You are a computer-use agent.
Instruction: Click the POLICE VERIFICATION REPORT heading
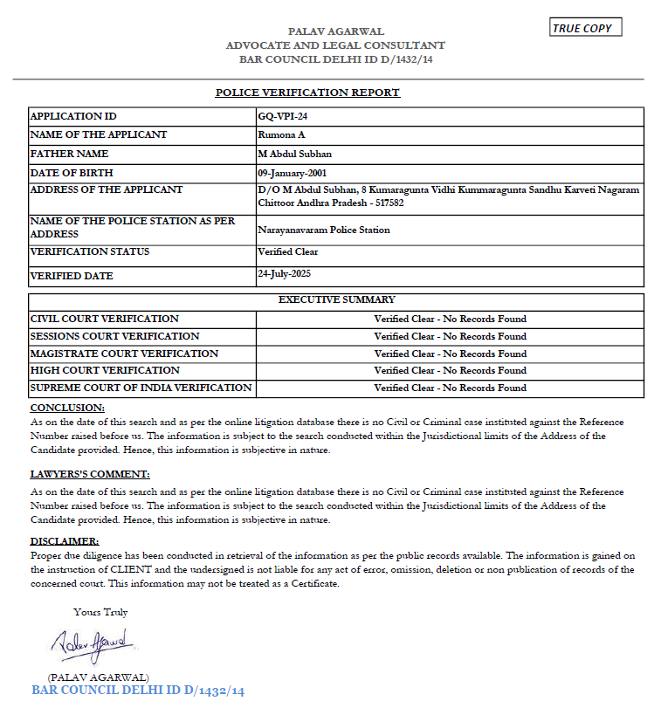(307, 93)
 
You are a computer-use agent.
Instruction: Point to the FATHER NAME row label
(70, 154)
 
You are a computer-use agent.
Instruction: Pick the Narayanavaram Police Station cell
(324, 230)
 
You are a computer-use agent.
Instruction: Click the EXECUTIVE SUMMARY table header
(336, 299)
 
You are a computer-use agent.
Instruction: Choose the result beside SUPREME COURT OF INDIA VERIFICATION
(450, 388)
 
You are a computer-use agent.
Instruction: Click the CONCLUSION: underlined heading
(67, 408)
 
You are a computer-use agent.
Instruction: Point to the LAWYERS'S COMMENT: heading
(90, 474)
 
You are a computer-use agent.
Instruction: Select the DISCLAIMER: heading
(65, 541)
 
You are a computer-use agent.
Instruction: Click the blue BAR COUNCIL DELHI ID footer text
(138, 691)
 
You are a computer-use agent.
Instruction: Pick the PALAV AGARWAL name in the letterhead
(336, 32)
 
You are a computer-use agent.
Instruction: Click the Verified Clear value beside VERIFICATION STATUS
(288, 251)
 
